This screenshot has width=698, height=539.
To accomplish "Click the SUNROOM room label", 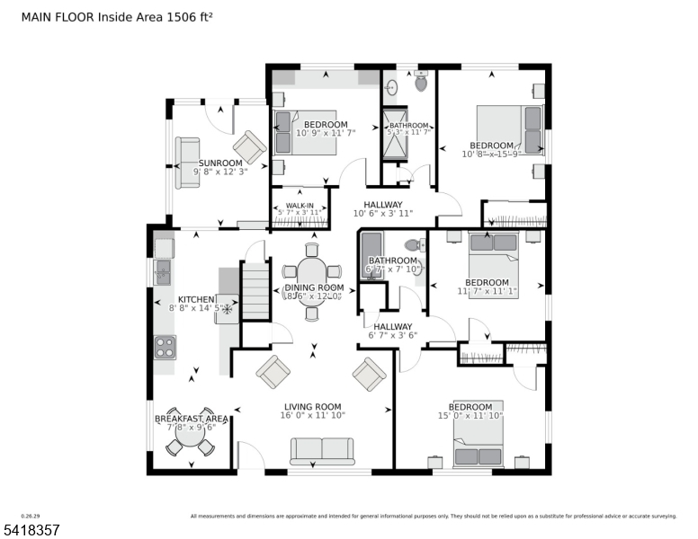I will (x=220, y=163).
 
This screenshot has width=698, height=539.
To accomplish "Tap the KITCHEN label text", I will (x=195, y=299).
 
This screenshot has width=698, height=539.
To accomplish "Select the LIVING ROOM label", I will (x=313, y=407).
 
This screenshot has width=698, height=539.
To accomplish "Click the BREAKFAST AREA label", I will (x=191, y=419).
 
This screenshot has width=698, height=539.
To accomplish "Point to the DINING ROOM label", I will (x=314, y=287).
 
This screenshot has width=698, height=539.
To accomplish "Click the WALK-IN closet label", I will (x=300, y=206).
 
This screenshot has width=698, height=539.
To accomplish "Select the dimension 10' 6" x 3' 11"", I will (x=382, y=214).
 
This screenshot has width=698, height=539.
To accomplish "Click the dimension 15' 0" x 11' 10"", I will (x=470, y=416).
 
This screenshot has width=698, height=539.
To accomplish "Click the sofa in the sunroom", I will (x=187, y=163).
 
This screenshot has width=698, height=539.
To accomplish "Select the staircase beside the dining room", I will (x=256, y=289).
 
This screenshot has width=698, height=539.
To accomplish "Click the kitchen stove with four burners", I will (x=165, y=346).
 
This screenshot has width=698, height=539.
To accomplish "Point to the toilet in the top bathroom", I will (x=421, y=84).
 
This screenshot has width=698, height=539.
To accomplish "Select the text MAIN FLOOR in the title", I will (x=53, y=16).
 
